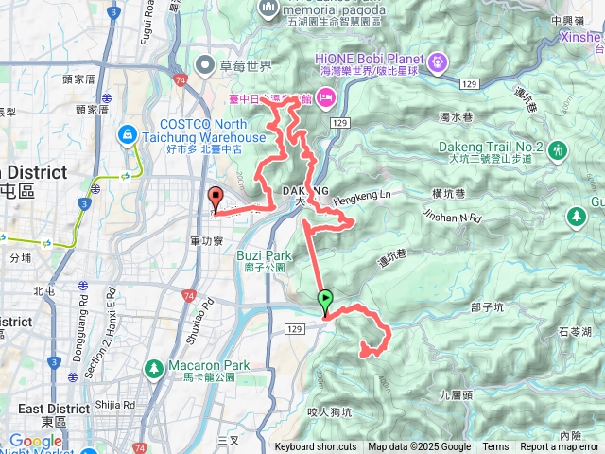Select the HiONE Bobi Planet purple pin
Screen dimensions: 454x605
click(437, 62)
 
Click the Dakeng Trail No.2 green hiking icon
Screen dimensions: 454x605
click(558, 149)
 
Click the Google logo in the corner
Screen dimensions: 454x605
click(36, 441)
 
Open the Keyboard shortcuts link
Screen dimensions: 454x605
click(315, 447)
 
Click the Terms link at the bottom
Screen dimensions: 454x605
click(495, 447)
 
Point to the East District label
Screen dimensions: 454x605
click(53, 409)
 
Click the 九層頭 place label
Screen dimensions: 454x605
click(457, 394)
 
